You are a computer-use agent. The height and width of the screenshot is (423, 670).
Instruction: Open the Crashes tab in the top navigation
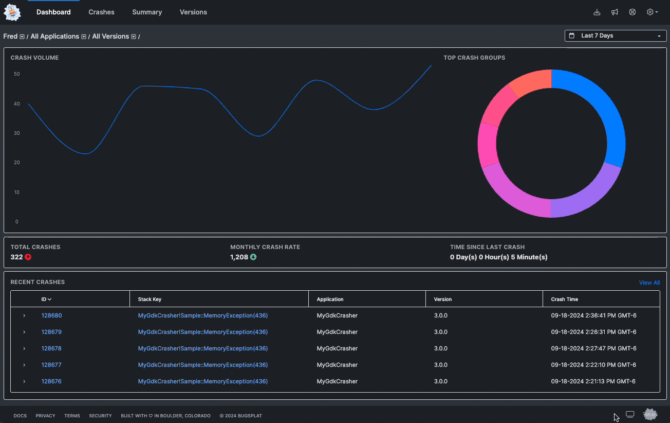101,12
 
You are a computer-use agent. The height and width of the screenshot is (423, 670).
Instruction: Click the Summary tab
147,12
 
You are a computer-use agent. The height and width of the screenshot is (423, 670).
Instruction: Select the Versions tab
193,12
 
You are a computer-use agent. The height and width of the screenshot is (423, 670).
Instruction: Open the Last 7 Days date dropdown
615,36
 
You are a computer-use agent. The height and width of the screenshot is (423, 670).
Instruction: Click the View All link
649,283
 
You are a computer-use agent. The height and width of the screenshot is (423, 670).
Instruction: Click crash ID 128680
51,315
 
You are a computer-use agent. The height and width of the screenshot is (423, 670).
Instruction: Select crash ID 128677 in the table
51,365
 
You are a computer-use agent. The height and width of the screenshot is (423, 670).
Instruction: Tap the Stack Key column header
150,299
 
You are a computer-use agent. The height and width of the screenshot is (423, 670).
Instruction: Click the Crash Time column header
564,299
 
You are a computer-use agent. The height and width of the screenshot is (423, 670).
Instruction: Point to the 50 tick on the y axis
17,74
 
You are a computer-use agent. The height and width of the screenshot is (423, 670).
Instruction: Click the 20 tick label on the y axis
17,163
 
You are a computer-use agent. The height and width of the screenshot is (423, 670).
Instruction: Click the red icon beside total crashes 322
28,257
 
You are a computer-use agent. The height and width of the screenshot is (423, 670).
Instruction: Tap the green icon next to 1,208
253,257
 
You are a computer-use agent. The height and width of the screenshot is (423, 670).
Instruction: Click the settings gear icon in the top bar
650,12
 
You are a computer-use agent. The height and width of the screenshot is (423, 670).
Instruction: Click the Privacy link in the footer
45,416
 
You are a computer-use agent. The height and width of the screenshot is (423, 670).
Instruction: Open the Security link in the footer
100,416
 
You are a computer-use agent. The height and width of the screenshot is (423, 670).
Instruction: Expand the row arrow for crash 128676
24,381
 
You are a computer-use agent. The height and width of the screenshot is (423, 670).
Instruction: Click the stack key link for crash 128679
202,332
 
